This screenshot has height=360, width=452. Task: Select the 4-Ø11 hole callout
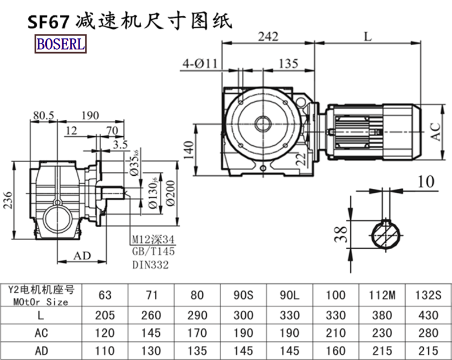(x=199, y=63)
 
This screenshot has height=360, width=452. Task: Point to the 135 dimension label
(x=288, y=63)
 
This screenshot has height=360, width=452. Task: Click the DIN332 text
(x=150, y=263)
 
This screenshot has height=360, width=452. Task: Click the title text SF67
(x=49, y=21)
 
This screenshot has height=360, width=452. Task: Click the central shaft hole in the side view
(x=262, y=122)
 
